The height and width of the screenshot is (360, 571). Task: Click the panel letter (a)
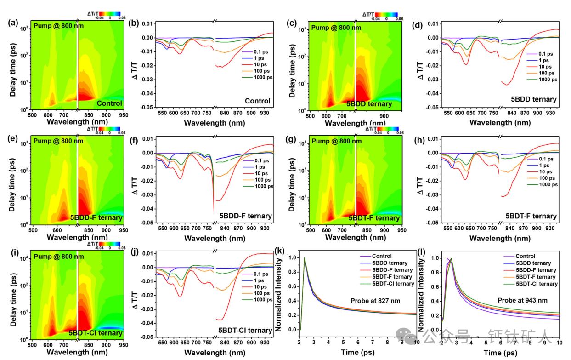(x=12, y=23)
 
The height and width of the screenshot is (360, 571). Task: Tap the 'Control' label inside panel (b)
(x=257, y=101)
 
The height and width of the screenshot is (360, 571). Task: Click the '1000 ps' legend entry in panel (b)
(x=264, y=77)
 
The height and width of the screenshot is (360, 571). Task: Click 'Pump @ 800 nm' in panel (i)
(x=59, y=256)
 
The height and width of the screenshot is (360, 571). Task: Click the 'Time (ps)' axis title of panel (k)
(x=357, y=352)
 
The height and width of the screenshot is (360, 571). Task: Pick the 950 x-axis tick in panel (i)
(x=123, y=344)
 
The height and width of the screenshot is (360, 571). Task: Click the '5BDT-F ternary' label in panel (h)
(x=531, y=216)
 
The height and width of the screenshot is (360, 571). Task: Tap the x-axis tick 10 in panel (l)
(x=559, y=343)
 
